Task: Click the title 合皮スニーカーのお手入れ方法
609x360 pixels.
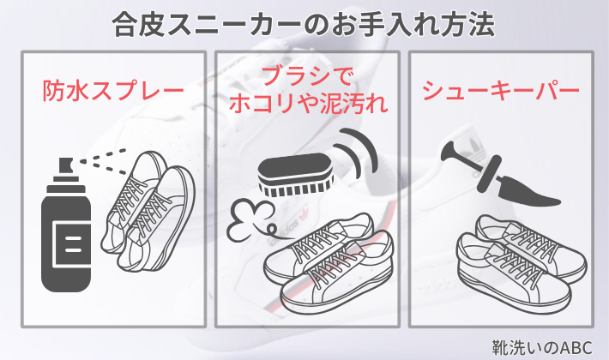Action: pyautogui.click(x=304, y=25)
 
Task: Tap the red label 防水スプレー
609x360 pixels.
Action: pyautogui.click(x=113, y=90)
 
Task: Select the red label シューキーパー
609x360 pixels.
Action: pyautogui.click(x=501, y=90)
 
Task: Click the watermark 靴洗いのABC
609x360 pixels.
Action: pyautogui.click(x=542, y=348)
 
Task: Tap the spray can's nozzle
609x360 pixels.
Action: pyautogui.click(x=66, y=165)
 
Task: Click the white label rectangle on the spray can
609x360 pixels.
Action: pyautogui.click(x=72, y=243)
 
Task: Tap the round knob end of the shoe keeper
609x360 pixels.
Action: pyautogui.click(x=449, y=151)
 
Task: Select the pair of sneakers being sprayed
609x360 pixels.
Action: pyautogui.click(x=148, y=212)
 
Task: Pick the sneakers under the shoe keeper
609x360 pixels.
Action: pyautogui.click(x=522, y=264)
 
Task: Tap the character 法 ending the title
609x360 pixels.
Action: pyautogui.click(x=482, y=25)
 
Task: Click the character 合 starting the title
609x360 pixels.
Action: pyautogui.click(x=125, y=25)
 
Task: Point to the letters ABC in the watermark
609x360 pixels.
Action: pyautogui.click(x=577, y=348)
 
